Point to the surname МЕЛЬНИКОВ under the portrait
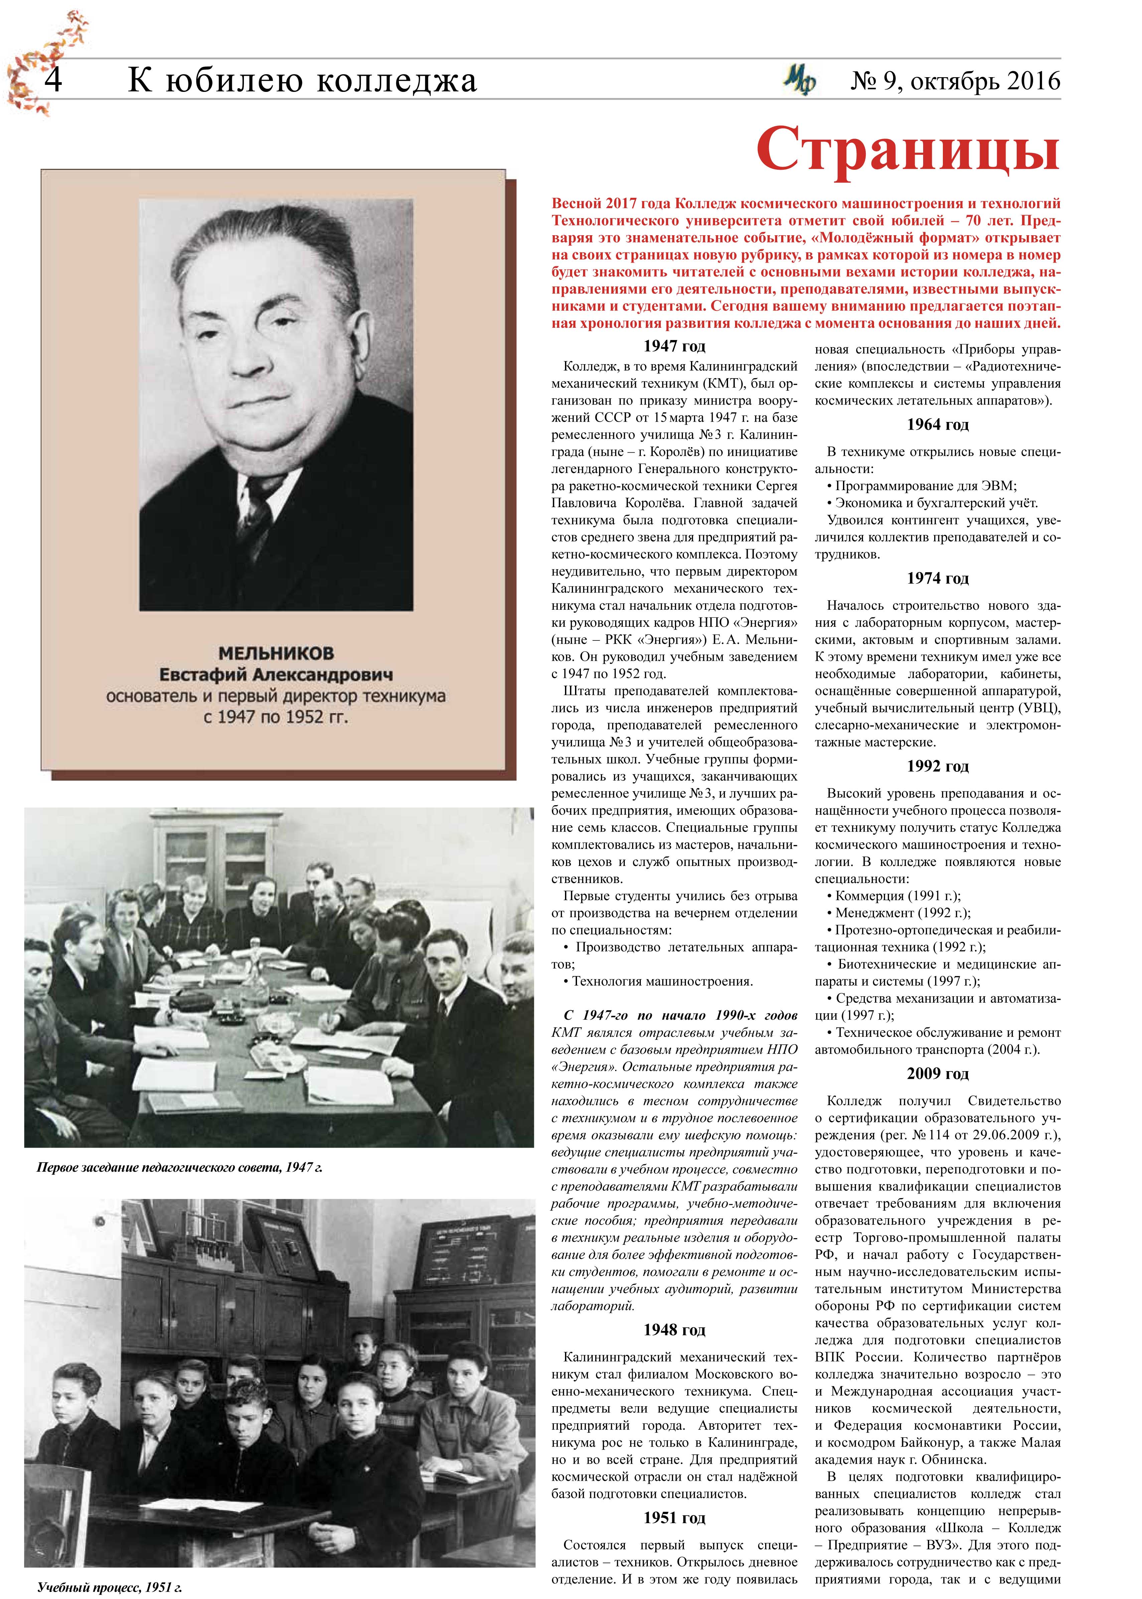tap(276, 653)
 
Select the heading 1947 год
tap(674, 346)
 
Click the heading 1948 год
tap(674, 1330)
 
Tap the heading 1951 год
tap(674, 1517)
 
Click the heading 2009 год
tap(938, 1074)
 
